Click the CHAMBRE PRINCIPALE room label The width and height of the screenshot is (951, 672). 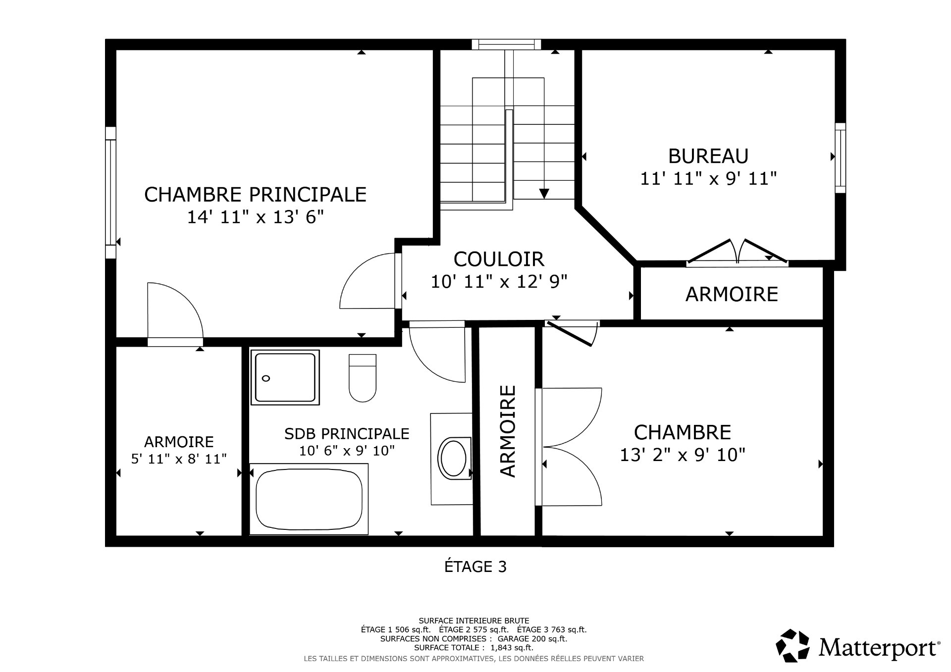tap(255, 195)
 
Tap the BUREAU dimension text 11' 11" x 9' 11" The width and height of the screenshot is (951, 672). tap(708, 178)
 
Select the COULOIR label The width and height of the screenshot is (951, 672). tap(499, 259)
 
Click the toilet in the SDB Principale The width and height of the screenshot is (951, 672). tap(362, 378)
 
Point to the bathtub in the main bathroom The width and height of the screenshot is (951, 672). tap(309, 499)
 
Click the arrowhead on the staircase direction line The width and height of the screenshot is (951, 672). tap(544, 193)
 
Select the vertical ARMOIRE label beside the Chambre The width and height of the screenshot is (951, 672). tap(508, 431)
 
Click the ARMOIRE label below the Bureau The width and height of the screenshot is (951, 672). tap(731, 294)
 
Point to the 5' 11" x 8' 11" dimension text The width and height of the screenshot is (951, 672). tap(179, 459)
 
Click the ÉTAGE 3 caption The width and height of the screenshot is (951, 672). tap(475, 567)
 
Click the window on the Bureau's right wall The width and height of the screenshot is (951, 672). tap(840, 157)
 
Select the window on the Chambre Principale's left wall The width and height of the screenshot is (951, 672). tap(110, 192)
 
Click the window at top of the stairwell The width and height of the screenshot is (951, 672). tap(506, 45)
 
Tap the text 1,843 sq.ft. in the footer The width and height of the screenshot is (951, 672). tap(513, 647)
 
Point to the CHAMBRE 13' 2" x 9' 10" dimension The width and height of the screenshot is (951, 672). tap(682, 455)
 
